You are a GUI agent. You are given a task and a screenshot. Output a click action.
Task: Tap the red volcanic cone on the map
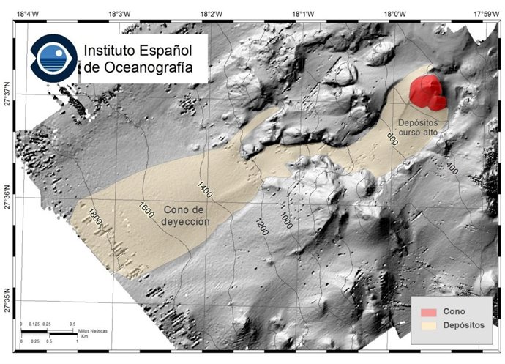[427, 94]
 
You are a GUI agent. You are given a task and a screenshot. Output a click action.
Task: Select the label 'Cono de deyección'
[185, 215]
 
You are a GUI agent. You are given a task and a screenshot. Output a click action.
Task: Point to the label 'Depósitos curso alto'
[420, 127]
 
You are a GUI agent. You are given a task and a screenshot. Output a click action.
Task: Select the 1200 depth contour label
[261, 226]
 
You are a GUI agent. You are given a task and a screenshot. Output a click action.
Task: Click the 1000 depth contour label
[285, 221]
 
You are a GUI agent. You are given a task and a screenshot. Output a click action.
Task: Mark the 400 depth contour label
[451, 168]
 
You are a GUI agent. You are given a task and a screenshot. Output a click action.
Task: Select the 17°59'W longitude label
[485, 13]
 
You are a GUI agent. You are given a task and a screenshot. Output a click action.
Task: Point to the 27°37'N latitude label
[7, 94]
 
